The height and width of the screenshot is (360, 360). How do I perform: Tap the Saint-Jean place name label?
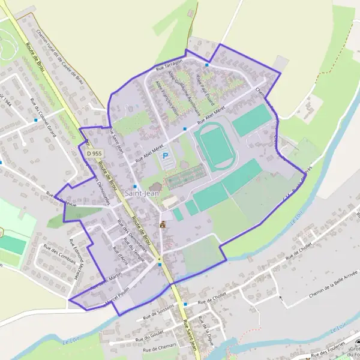(x=142, y=193)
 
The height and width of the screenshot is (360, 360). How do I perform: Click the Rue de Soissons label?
(x=158, y=311)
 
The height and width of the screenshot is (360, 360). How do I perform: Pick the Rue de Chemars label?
(x=159, y=347)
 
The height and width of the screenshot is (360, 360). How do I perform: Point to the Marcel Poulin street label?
(x=115, y=298)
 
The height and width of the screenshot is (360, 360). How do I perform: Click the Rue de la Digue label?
(x=209, y=329)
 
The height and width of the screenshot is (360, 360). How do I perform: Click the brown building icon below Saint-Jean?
(x=161, y=225)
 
